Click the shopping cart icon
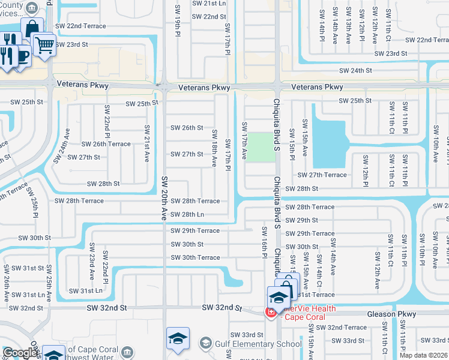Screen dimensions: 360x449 click(44, 43)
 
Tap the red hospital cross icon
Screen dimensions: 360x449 click(271, 312)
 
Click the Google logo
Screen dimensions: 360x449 click(20, 353)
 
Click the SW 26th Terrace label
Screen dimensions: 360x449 click(106, 144)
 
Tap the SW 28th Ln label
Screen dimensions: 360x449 click(187, 214)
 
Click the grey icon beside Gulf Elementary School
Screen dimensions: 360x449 click(206, 343)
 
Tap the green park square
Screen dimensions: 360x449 click(261, 147)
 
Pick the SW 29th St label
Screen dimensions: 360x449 click(301, 220)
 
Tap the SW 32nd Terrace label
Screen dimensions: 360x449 click(341, 328)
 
